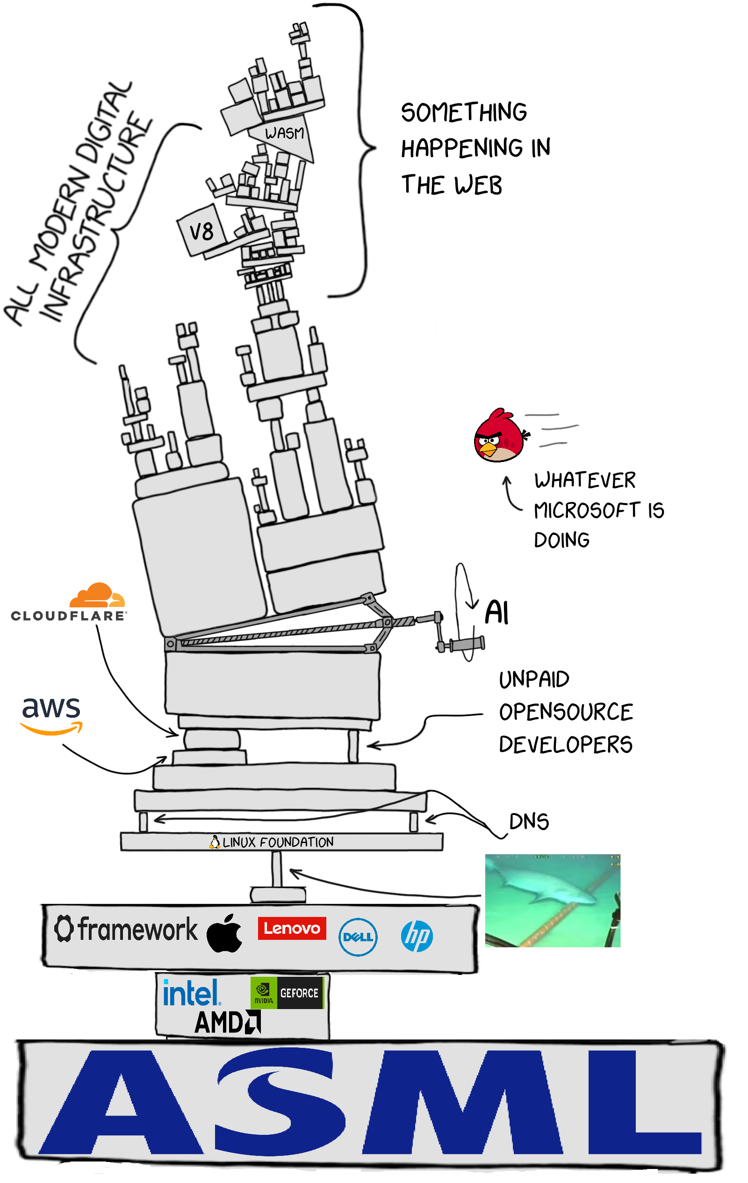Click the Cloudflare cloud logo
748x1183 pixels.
coord(97,596)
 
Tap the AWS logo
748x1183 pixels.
coord(51,714)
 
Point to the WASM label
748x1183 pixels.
coord(284,133)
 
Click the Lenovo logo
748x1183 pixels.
coord(292,929)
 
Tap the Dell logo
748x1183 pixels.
coord(358,937)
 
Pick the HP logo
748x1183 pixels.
coord(417,936)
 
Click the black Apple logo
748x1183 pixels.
coord(224,934)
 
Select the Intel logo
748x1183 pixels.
coord(191,993)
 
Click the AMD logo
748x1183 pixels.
coord(227,1023)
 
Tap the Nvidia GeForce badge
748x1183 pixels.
coord(287,993)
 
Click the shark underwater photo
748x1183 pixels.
coord(553,901)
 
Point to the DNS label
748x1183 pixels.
coord(528,822)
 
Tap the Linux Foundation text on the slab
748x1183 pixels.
coord(278,842)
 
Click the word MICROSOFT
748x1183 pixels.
coord(586,510)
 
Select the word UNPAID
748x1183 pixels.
coord(534,679)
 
